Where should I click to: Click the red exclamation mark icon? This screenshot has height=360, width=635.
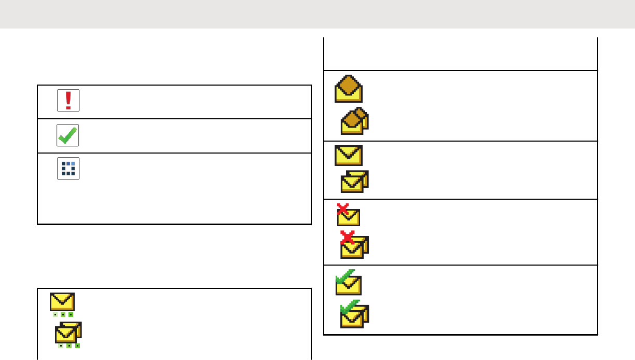68,100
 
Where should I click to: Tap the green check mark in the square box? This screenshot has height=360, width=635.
68,135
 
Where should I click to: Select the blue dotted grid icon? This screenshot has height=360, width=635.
68,169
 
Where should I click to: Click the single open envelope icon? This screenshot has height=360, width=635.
348,89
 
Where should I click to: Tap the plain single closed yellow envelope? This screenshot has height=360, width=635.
348,155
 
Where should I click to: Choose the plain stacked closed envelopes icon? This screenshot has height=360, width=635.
354,182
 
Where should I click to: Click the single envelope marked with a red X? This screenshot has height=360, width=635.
349,215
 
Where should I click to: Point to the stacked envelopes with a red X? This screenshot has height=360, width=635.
354,246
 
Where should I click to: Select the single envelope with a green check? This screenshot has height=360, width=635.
348,283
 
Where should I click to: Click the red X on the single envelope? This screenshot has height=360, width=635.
343,209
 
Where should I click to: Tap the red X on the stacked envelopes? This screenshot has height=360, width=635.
348,238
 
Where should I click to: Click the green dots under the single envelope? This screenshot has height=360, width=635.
62,314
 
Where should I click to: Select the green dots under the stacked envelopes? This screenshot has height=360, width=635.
68,345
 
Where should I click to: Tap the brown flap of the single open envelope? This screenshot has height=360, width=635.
348,84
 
